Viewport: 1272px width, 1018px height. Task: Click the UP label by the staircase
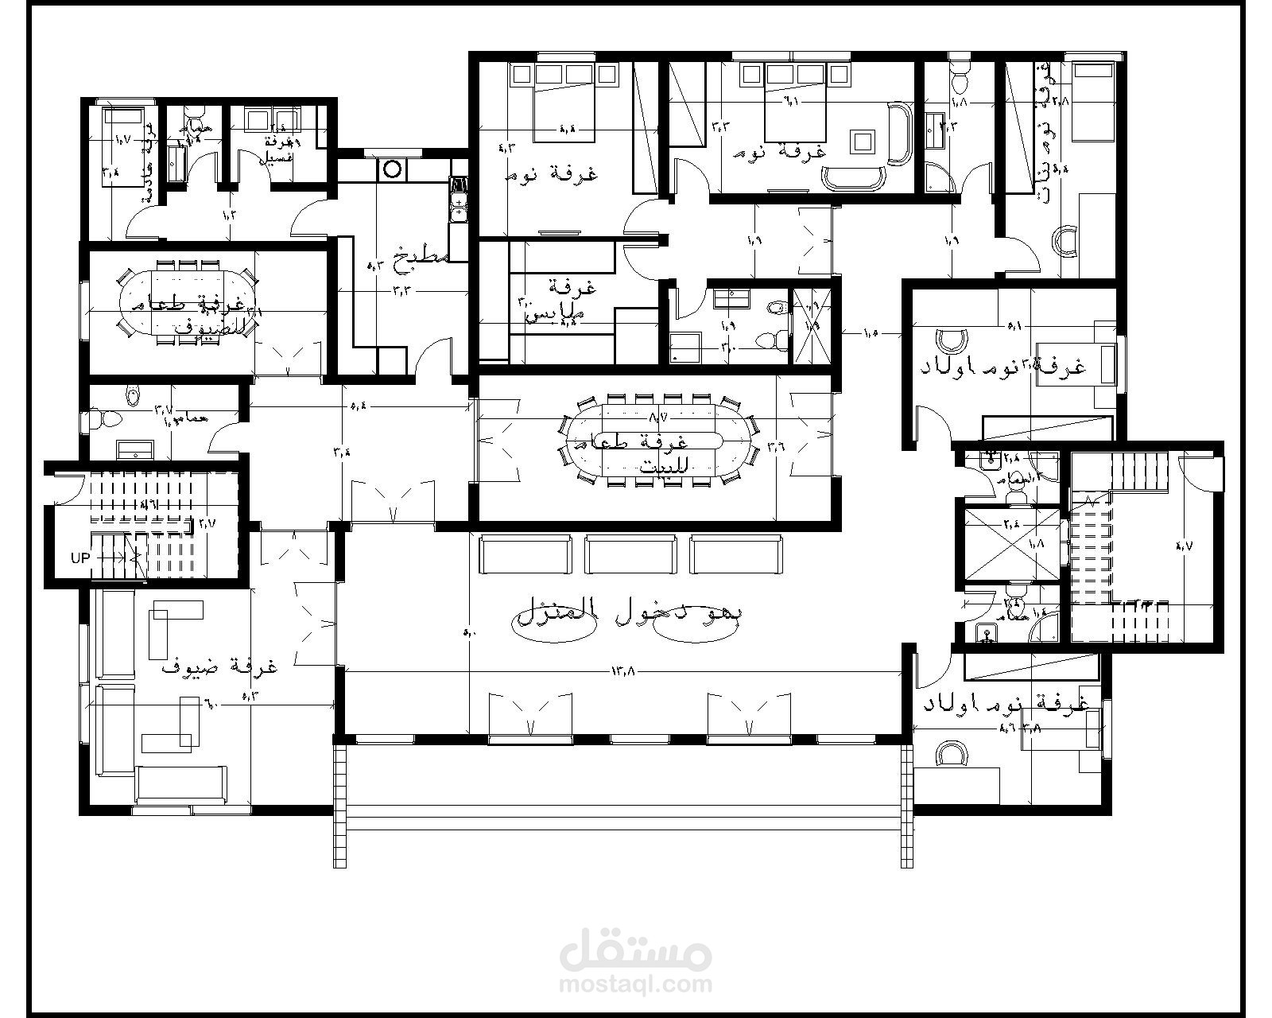[x=80, y=558]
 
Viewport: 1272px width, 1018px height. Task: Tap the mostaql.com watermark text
[x=635, y=985]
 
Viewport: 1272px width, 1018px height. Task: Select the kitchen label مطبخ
[x=425, y=256]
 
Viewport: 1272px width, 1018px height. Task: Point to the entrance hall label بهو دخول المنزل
[x=632, y=614]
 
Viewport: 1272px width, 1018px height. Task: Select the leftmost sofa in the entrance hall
[x=525, y=554]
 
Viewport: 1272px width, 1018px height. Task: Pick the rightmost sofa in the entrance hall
[x=736, y=554]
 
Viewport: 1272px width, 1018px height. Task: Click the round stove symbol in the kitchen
[x=392, y=169]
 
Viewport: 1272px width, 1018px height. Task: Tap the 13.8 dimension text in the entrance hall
[x=624, y=671]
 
